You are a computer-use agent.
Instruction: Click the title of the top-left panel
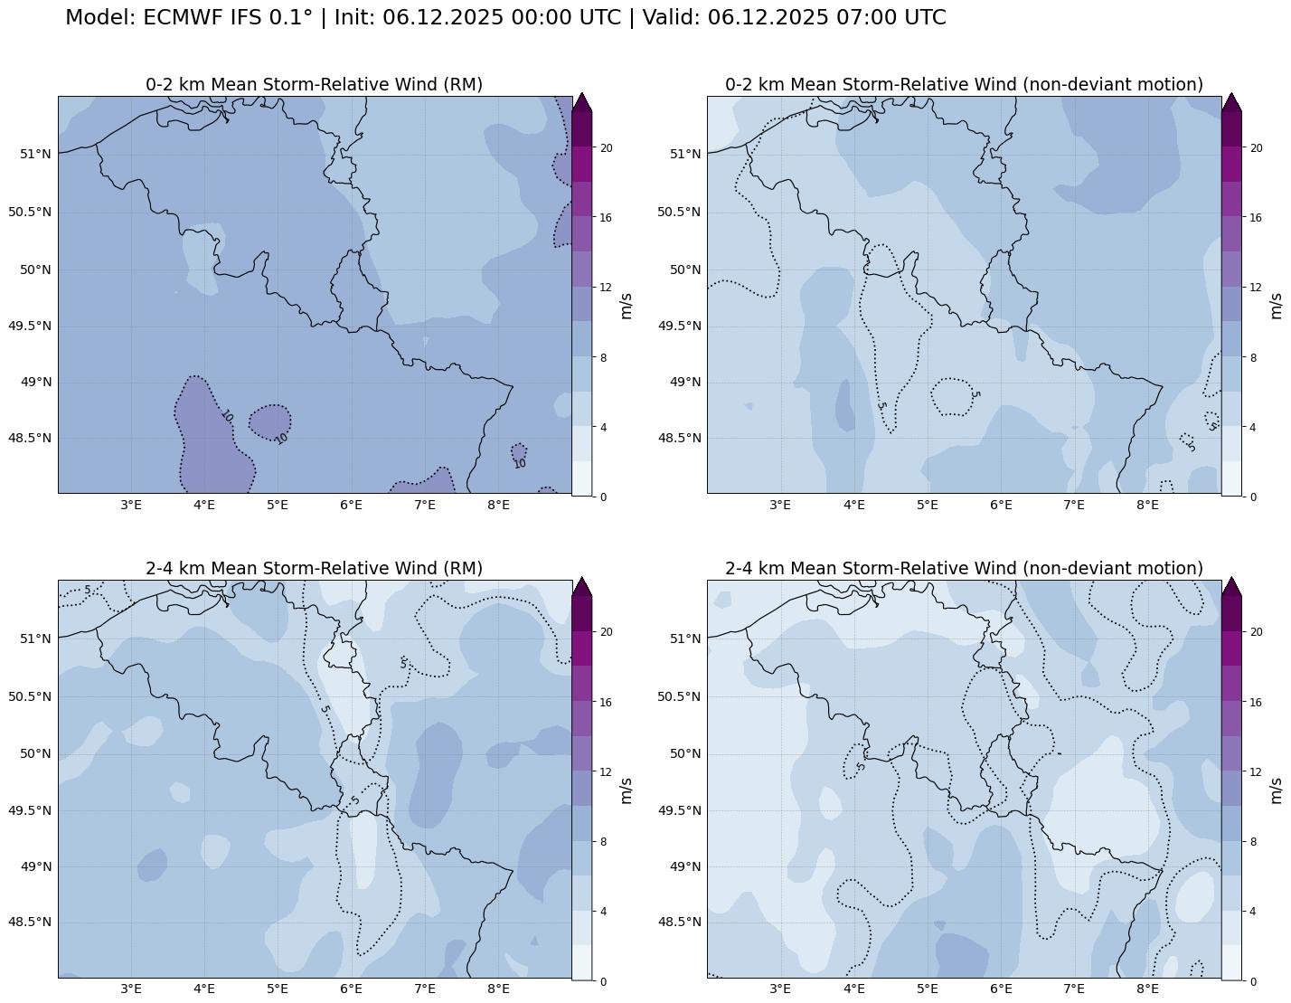pos(314,84)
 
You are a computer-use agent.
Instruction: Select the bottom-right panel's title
pos(964,568)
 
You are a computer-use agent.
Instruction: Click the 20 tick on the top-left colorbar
pos(607,147)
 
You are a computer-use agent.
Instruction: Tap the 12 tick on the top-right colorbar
pos(1256,288)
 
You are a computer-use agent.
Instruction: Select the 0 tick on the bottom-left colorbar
pos(604,981)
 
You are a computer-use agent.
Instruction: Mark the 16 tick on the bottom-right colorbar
pos(1256,702)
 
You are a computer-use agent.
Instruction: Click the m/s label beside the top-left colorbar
pos(626,306)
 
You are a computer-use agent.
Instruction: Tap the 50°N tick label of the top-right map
pos(685,270)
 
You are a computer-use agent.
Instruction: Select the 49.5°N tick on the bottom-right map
pos(679,810)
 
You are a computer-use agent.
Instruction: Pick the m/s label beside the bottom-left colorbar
pos(626,790)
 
